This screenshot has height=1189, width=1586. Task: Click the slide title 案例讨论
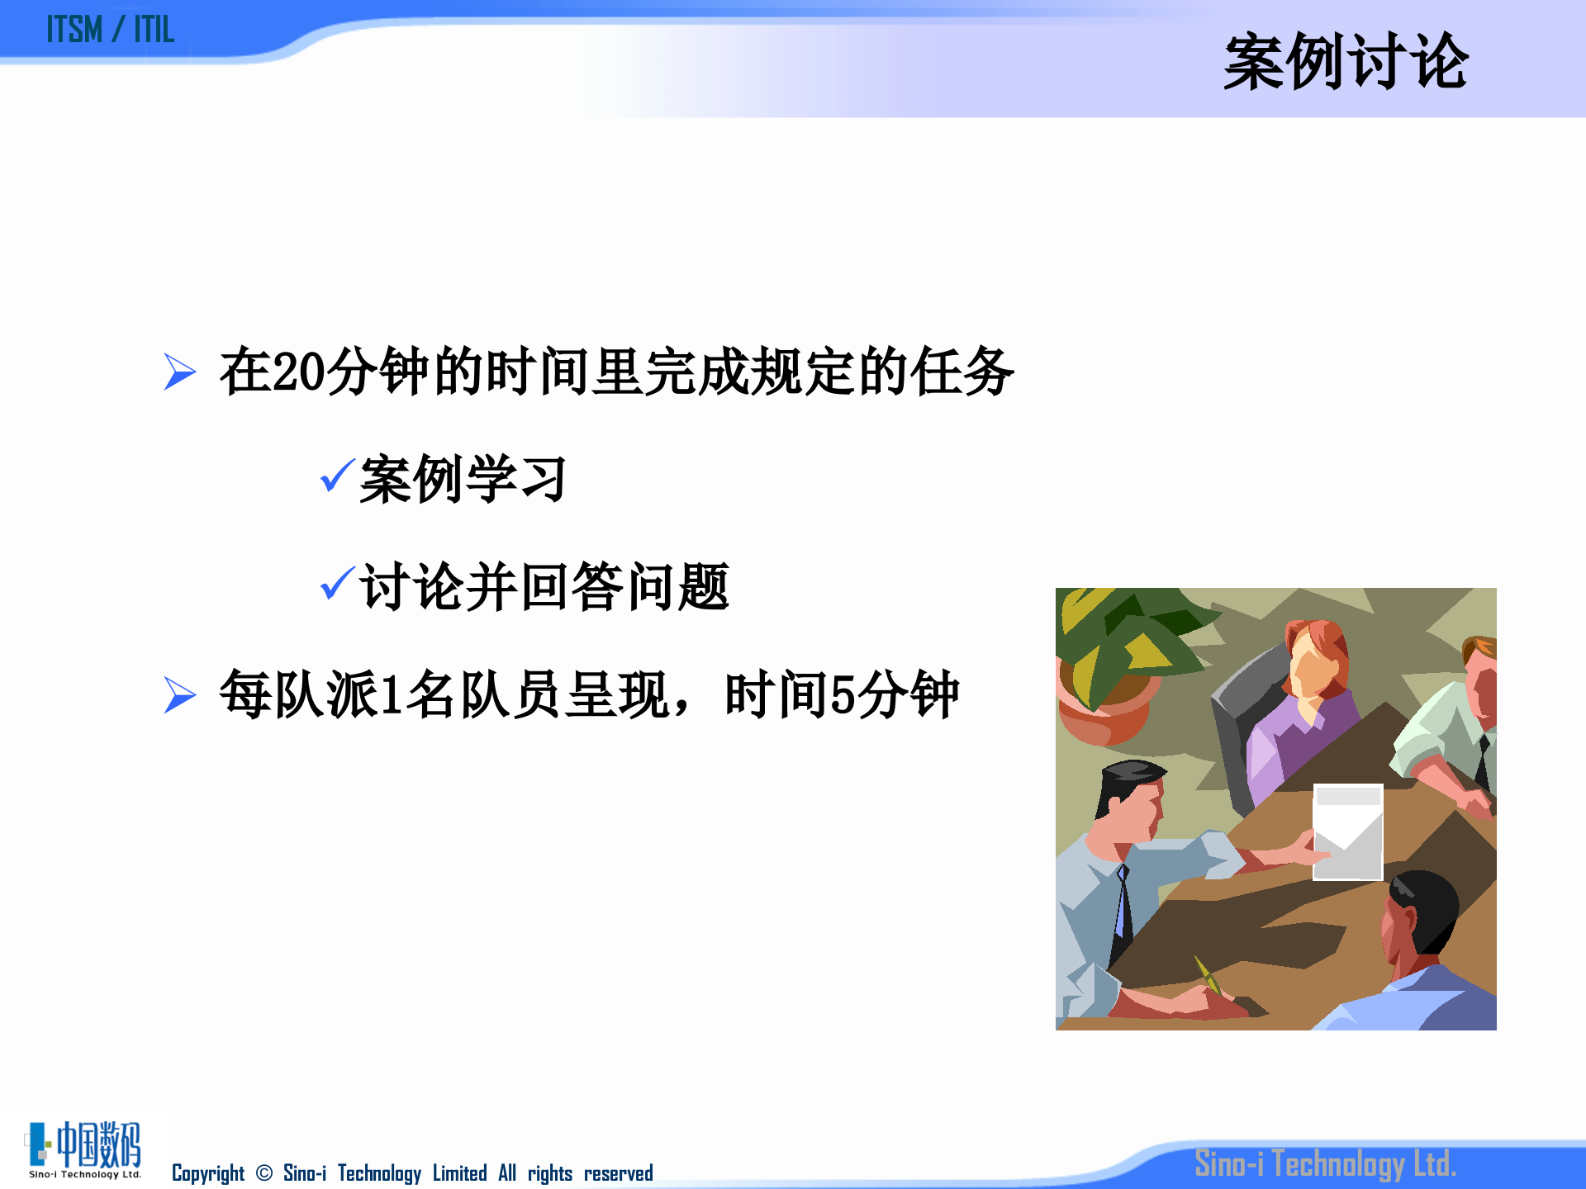click(1345, 62)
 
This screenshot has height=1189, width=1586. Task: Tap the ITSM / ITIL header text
click(110, 30)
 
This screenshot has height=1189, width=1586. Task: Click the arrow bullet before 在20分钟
click(179, 372)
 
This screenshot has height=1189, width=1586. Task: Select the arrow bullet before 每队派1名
click(179, 694)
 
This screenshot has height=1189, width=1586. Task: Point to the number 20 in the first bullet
click(298, 372)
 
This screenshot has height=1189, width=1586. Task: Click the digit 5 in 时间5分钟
click(842, 695)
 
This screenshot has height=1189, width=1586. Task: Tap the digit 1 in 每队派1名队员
click(392, 695)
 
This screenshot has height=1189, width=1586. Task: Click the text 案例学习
click(463, 479)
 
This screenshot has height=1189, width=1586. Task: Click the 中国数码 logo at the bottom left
click(85, 1149)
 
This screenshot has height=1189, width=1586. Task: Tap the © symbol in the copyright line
click(264, 1173)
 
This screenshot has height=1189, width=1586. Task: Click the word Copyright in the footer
click(208, 1173)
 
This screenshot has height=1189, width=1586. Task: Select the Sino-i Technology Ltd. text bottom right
click(1325, 1163)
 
